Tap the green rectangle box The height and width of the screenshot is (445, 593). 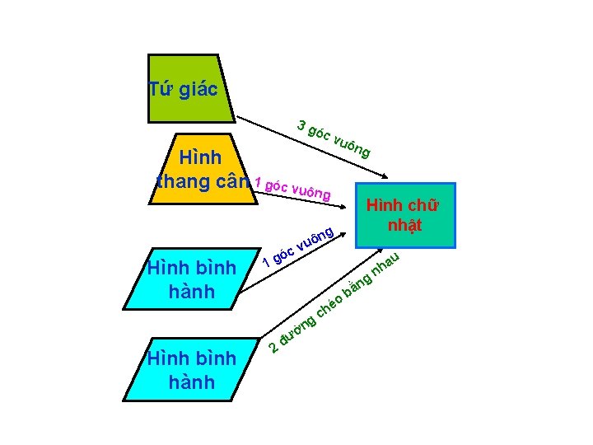[x=405, y=215]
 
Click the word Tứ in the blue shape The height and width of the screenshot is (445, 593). [x=161, y=89]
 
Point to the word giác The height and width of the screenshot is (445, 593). [x=198, y=90]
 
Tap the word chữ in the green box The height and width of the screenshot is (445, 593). [x=424, y=205]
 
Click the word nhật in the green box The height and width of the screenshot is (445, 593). [x=404, y=224]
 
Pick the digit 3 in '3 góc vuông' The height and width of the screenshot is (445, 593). [x=303, y=126]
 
